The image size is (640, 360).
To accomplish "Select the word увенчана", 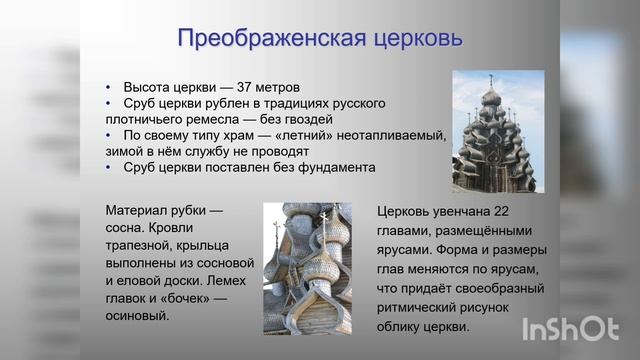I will point(461,211).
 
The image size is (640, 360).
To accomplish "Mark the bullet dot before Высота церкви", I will point(109,87).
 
